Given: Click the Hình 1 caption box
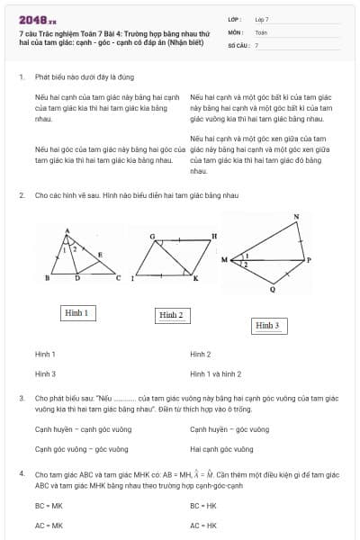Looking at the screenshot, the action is click(76, 313).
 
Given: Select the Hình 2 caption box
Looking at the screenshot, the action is click(171, 315).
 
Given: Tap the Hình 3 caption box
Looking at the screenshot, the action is click(266, 325).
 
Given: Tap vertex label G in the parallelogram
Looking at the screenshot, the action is click(152, 238).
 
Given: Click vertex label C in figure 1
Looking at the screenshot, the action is click(117, 278).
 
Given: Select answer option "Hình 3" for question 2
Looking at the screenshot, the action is click(45, 373).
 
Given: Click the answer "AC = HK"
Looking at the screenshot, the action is click(203, 525).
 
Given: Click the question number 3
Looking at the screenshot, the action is click(21, 397).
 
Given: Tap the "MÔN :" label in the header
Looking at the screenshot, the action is click(236, 31).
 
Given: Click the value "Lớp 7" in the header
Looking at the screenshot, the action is click(262, 19).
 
